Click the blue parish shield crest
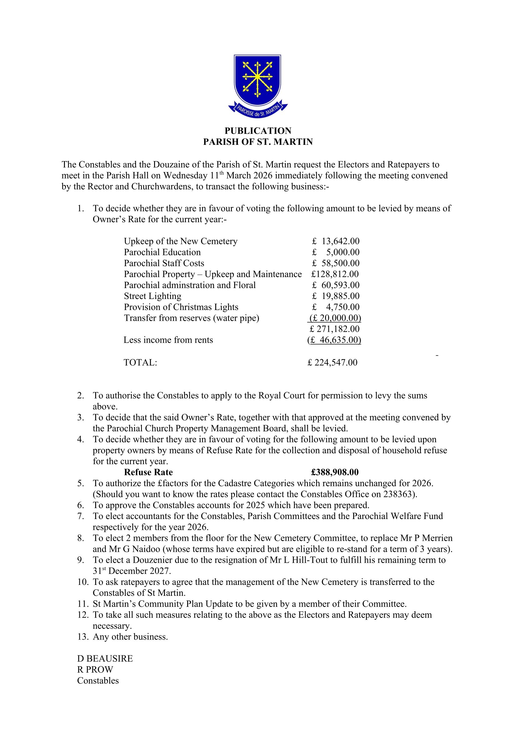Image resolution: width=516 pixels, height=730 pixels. coord(258,81)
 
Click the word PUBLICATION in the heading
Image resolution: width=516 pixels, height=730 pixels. coord(258,131)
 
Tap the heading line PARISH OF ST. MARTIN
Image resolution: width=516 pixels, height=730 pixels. coord(258,142)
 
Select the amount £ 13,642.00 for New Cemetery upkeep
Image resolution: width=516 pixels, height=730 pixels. coord(336,241)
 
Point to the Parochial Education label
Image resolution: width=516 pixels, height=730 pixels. coord(162,252)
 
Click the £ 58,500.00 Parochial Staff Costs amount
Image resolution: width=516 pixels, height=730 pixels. coord(336,263)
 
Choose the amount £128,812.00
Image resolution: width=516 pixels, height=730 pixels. coord(335,274)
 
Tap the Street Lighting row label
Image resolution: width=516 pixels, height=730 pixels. coord(153,296)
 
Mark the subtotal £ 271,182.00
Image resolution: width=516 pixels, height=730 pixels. coord(334,329)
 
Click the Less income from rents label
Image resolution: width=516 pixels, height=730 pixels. coord(168,340)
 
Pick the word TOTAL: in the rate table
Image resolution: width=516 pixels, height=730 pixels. coord(140,362)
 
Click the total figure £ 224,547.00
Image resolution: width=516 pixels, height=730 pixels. coord(332,362)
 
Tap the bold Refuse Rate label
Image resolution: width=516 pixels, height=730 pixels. coord(148,472)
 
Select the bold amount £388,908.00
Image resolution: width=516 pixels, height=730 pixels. coord(334,472)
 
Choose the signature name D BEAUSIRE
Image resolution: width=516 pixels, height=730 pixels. coord(105,659)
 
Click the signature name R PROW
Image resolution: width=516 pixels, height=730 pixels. coord(95,669)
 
